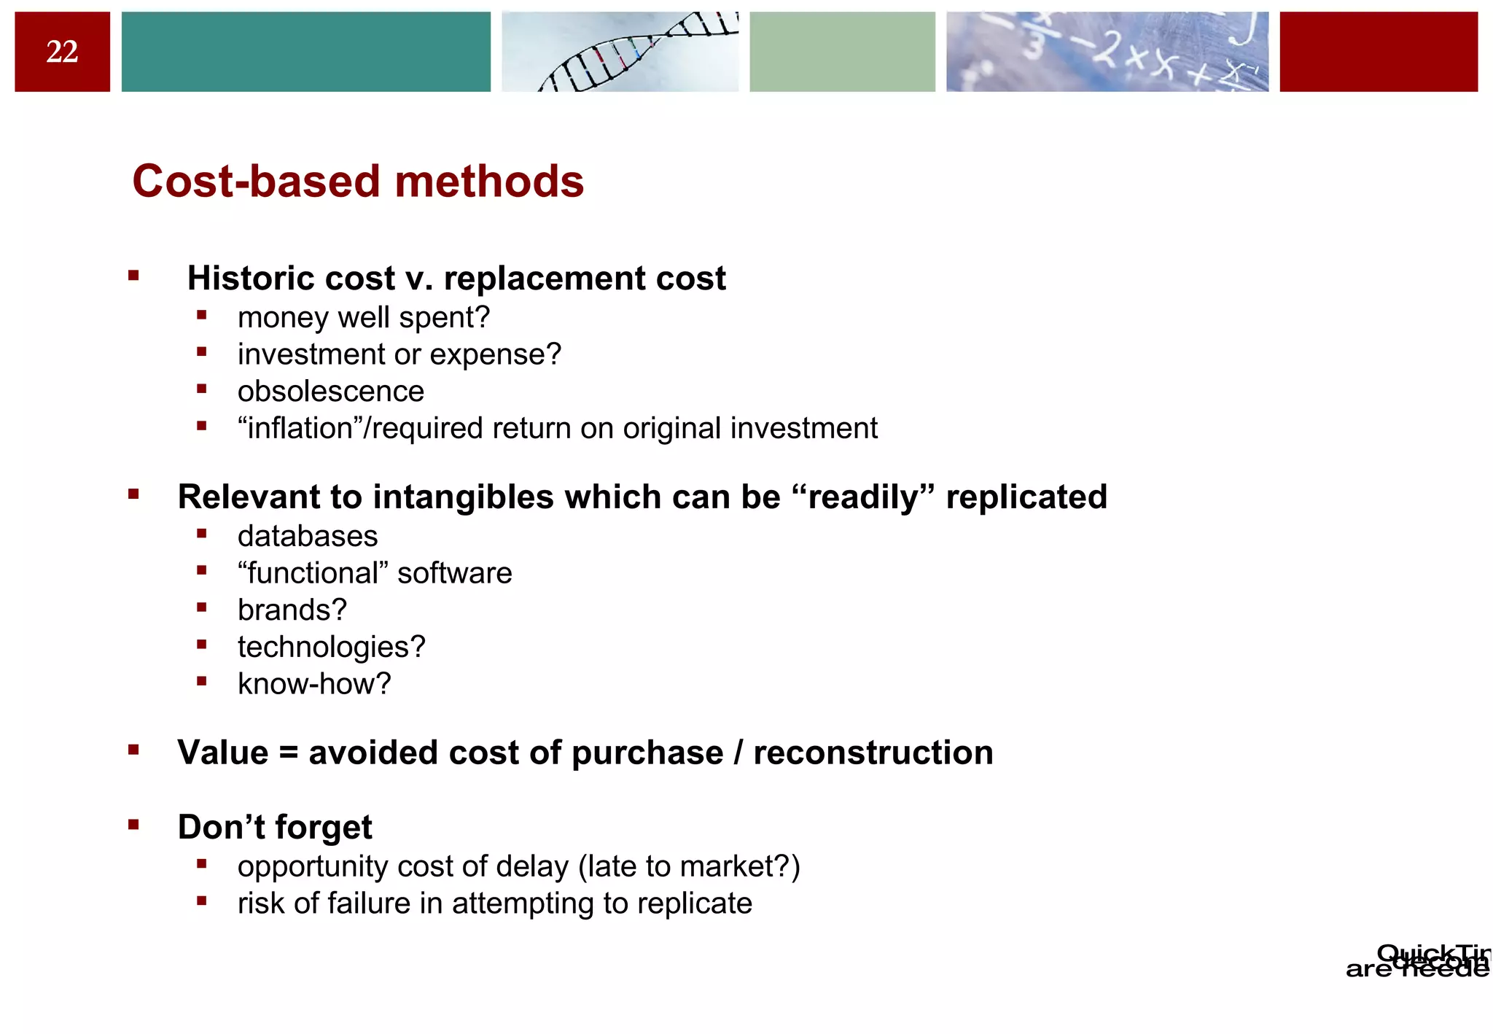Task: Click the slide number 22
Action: pos(62,52)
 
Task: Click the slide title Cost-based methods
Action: pos(358,181)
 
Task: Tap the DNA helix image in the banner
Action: pos(620,52)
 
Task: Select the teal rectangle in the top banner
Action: pos(305,52)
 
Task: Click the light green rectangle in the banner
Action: pos(842,52)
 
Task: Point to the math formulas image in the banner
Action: pos(1107,52)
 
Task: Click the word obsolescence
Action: pos(330,392)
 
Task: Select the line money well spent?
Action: pos(363,318)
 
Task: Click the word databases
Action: pos(307,537)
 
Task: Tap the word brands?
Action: pos(292,610)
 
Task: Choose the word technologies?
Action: pos(331,648)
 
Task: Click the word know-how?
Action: pos(314,684)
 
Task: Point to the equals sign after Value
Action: pos(289,753)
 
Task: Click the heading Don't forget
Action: pos(275,828)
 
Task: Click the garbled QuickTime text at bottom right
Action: pos(1422,961)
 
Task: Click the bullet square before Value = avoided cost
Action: pos(133,750)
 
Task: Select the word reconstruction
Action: pos(873,753)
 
